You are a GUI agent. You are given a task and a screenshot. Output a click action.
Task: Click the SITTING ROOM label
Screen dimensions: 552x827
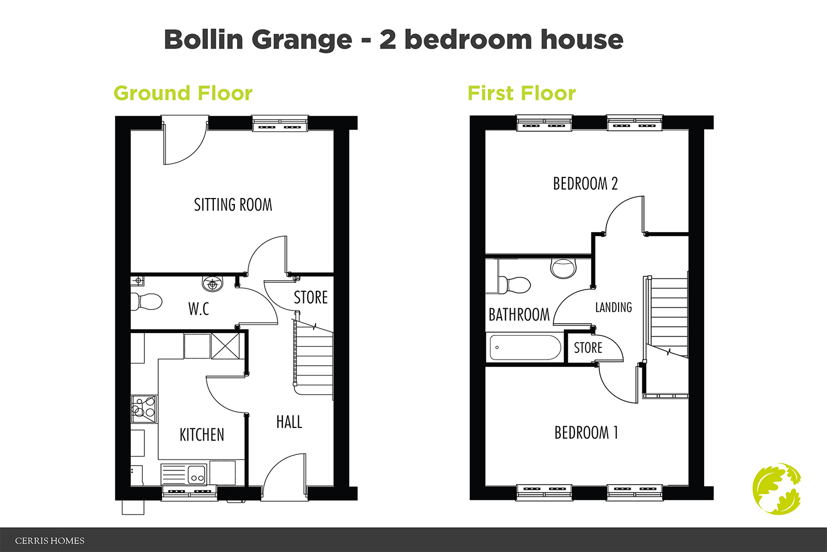[x=233, y=205]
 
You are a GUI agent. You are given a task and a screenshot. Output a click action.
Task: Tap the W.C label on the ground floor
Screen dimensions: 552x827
[x=198, y=309]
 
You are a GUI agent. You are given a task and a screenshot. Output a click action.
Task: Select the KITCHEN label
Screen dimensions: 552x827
[x=202, y=435]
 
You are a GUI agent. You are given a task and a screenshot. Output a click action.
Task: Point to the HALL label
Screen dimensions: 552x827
[x=289, y=422]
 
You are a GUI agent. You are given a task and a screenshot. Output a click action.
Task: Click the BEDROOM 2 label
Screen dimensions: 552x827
[x=585, y=184]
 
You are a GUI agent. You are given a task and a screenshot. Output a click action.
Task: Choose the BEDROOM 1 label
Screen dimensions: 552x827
[x=586, y=433]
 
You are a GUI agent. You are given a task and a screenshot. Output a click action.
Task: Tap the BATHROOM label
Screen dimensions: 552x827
[x=519, y=315]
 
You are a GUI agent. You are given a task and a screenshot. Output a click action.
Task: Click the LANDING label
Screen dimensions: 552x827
[x=613, y=307]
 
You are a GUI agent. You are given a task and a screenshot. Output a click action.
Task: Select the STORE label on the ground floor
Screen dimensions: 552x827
[x=310, y=298]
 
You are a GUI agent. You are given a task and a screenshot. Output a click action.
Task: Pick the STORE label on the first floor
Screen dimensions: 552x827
[x=588, y=348]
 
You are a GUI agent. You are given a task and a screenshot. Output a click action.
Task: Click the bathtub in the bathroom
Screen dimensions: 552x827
[x=524, y=347]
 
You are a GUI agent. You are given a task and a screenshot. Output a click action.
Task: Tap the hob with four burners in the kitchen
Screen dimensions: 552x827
[x=144, y=409]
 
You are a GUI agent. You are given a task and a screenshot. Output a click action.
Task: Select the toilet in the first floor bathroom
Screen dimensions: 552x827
[x=515, y=285]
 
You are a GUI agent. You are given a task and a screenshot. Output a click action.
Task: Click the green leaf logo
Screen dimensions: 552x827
[x=777, y=489]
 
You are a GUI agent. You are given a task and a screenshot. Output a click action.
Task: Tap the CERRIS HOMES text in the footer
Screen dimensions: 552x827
[x=50, y=541]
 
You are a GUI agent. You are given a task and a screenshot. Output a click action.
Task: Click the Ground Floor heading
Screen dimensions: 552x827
[x=183, y=93]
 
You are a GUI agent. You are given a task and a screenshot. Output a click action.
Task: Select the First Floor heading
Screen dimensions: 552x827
[x=522, y=93]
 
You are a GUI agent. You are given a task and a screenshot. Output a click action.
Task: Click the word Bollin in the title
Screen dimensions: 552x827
[x=203, y=40]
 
